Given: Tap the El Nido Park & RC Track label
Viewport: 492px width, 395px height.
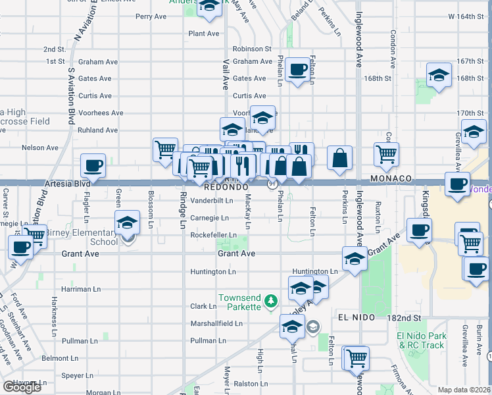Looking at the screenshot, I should pos(421,340).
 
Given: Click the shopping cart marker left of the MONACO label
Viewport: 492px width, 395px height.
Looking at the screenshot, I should pos(386,154).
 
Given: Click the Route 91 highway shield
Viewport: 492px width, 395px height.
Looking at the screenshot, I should pos(271,184).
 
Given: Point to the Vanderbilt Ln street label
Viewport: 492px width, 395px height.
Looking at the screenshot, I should pos(212,201).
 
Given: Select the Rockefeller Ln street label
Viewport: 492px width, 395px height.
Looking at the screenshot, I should pos(213,235).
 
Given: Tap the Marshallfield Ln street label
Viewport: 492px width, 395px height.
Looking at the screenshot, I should pos(216,323).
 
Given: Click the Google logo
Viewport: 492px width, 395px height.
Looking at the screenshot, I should pos(22,387).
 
